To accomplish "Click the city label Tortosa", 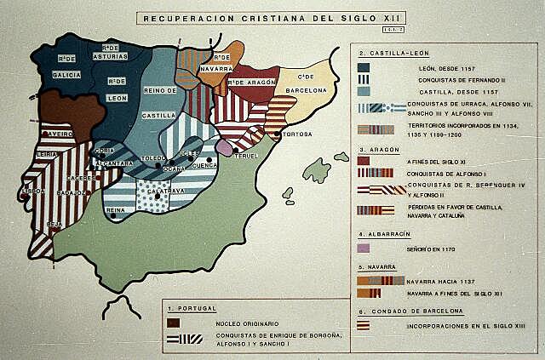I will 296,134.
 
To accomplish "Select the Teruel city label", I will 248,156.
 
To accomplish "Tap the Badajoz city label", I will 72,194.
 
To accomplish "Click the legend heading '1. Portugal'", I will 192,306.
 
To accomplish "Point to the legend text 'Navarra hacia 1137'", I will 440,280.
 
